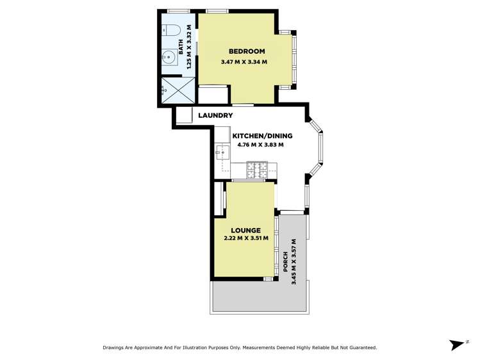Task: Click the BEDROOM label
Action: (x=247, y=51)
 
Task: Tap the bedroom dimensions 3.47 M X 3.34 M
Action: (x=244, y=62)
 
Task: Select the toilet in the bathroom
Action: (x=170, y=30)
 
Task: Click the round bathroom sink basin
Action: (x=169, y=56)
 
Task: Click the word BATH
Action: (x=181, y=47)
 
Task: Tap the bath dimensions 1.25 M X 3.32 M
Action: (x=189, y=47)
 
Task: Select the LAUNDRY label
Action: (x=215, y=115)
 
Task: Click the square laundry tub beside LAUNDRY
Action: (x=184, y=115)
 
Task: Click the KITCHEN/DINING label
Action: (x=262, y=136)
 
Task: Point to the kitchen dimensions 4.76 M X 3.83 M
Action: (x=260, y=145)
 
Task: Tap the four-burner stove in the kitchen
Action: (x=258, y=170)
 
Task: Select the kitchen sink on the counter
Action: (x=222, y=152)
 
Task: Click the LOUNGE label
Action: (x=246, y=231)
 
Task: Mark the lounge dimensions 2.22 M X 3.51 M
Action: (x=246, y=239)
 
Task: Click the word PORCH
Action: (x=286, y=263)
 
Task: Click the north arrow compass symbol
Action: (x=458, y=345)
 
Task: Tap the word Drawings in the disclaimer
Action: (x=115, y=348)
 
